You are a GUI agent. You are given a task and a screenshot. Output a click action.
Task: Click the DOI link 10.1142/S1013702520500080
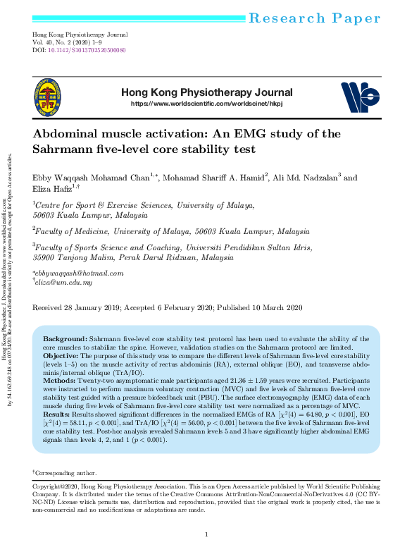pos(86,51)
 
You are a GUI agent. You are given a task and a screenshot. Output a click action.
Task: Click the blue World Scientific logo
pos(360,97)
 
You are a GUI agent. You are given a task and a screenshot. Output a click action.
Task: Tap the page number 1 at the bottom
pos(206,535)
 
